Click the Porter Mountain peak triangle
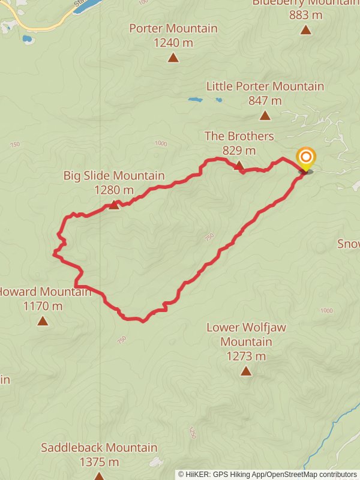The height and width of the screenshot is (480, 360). click(173, 58)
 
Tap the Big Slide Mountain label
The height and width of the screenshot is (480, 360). click(114, 176)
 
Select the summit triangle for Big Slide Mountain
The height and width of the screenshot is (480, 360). click(114, 205)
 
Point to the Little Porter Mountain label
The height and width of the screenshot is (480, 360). click(265, 86)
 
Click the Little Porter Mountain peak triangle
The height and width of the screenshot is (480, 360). click(265, 115)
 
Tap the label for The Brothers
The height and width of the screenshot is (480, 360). click(239, 137)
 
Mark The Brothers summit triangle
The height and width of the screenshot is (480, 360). click(239, 165)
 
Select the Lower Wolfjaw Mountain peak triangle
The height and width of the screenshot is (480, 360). click(246, 371)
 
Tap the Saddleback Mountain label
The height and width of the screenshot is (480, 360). click(99, 448)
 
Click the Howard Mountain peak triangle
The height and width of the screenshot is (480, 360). click(43, 321)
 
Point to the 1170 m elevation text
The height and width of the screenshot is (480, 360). click(43, 306)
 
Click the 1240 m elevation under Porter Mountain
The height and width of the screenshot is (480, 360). click(173, 43)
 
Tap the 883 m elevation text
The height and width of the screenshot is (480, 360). click(306, 14)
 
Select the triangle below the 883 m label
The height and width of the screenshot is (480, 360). click(306, 29)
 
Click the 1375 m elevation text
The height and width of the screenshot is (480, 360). click(99, 462)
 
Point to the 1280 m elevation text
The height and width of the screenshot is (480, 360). click(114, 190)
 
